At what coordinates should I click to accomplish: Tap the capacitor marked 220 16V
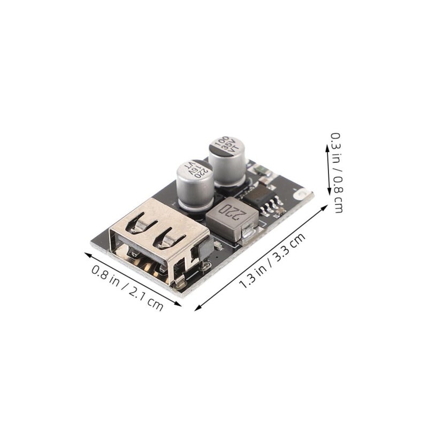[x=195, y=186]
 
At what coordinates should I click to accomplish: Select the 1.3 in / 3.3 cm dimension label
[x=272, y=261]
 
